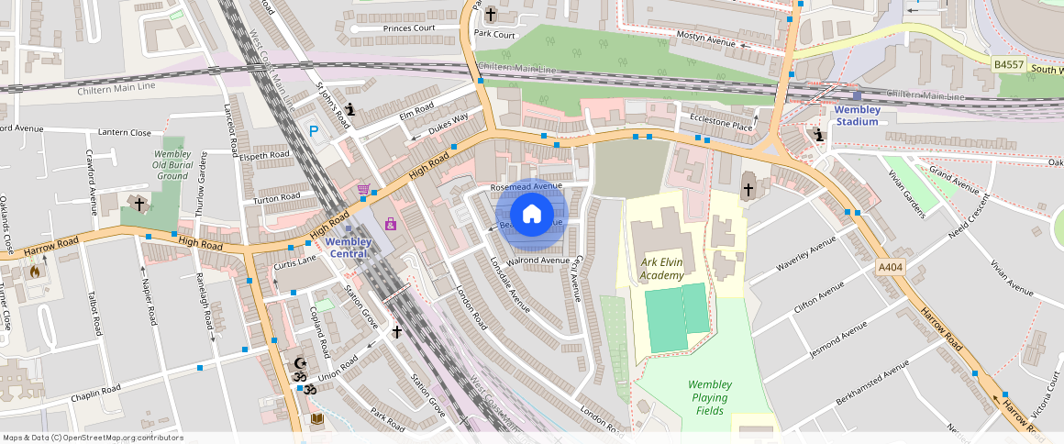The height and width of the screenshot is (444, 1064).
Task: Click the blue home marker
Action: tap(532, 215)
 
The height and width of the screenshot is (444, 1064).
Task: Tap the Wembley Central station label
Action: tap(349, 248)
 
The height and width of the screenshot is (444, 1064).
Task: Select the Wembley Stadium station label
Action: tap(857, 116)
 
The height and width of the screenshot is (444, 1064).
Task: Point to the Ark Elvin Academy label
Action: tap(661, 268)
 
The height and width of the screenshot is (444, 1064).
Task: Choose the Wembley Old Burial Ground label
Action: tap(172, 165)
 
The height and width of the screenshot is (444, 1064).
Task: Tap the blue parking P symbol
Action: tap(314, 132)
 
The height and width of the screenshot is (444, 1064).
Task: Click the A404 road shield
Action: tap(890, 267)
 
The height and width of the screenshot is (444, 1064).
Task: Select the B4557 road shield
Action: tap(1008, 64)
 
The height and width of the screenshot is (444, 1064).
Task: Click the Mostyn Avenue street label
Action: tap(707, 42)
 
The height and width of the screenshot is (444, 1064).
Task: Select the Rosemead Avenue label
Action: tap(526, 186)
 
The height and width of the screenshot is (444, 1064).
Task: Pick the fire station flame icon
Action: tap(35, 271)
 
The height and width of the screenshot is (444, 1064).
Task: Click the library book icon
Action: tap(316, 419)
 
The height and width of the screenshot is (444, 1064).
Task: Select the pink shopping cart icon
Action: tap(364, 190)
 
